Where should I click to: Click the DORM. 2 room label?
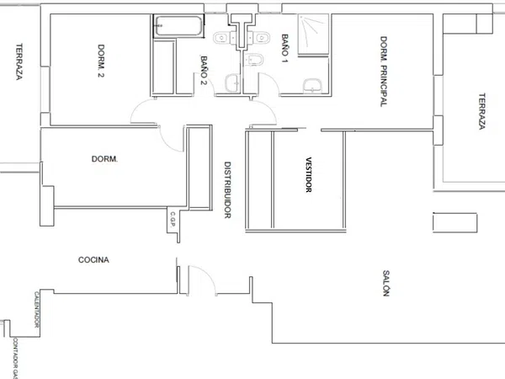pyautogui.click(x=101, y=61)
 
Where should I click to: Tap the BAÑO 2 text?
pyautogui.click(x=204, y=70)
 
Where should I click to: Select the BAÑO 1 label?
pyautogui.click(x=284, y=48)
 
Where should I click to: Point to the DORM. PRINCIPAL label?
pyautogui.click(x=383, y=72)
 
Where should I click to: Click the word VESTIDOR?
pyautogui.click(x=309, y=174)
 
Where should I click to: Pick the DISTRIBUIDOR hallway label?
pyautogui.click(x=227, y=189)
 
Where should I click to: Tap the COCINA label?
pyautogui.click(x=93, y=259)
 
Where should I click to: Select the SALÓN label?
pyautogui.click(x=386, y=283)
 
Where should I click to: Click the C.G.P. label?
pyautogui.click(x=173, y=219)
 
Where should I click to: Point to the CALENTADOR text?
pyautogui.click(x=37, y=309)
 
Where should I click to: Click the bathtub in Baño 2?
pyautogui.click(x=178, y=26)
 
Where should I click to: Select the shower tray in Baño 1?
pyautogui.click(x=313, y=35)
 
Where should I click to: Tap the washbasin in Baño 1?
pyautogui.click(x=312, y=86)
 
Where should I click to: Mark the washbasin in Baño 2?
pyautogui.click(x=232, y=83)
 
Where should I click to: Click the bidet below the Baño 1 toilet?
pyautogui.click(x=254, y=60)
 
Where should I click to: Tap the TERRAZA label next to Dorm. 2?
pyautogui.click(x=19, y=61)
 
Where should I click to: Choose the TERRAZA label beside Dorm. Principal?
pyautogui.click(x=481, y=111)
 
